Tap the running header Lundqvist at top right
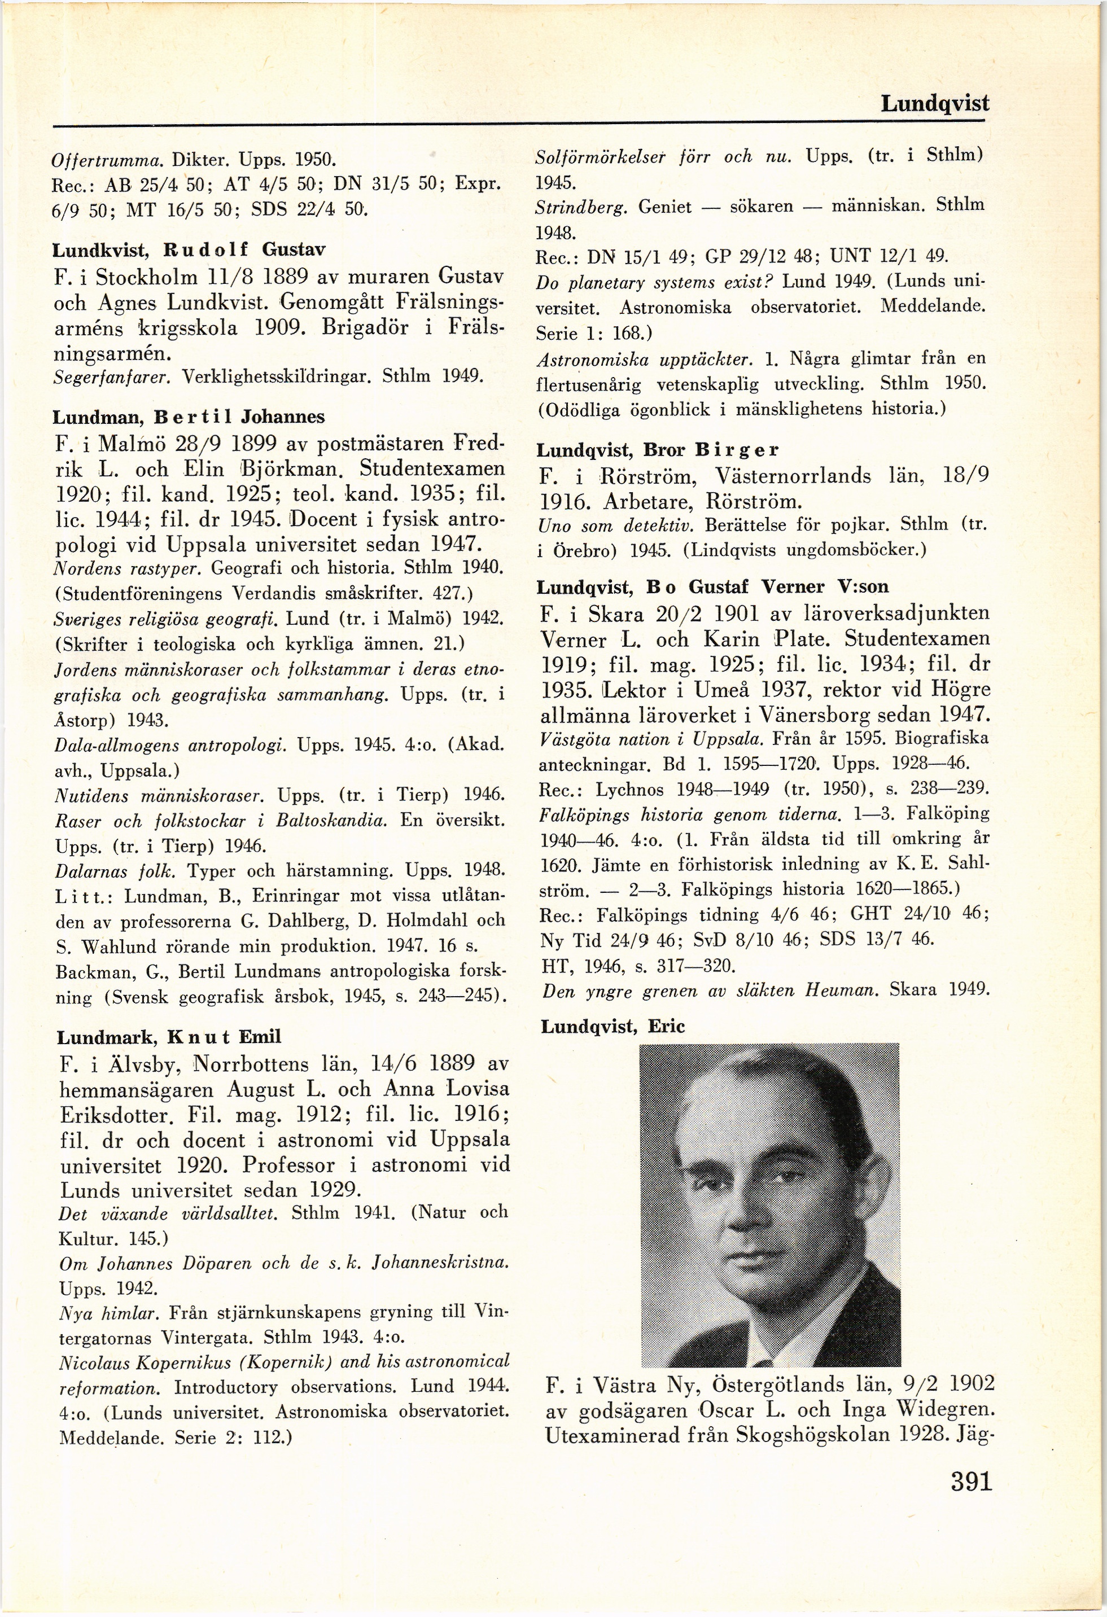point(934,104)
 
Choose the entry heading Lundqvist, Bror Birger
point(658,450)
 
